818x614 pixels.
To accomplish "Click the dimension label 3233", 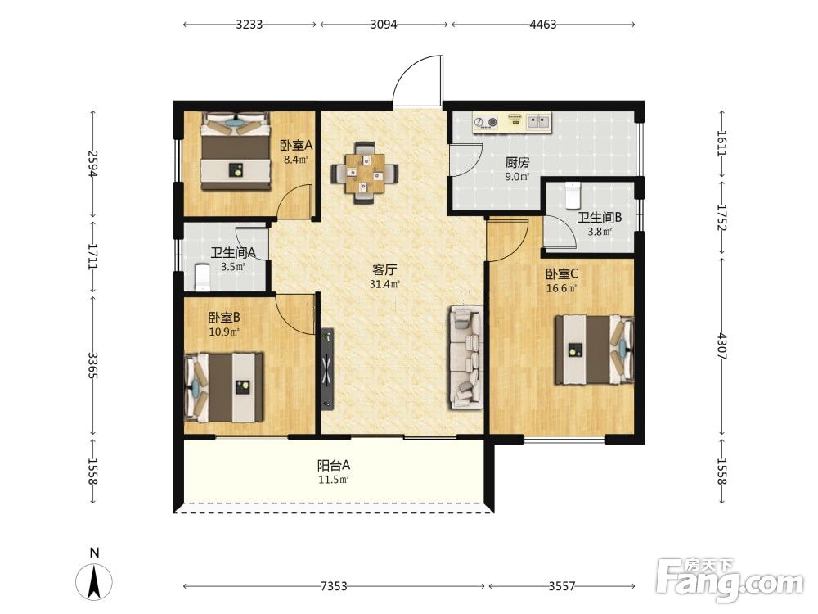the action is click(x=249, y=25).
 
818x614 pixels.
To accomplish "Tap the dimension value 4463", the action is click(x=543, y=25).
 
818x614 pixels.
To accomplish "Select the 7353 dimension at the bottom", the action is click(x=334, y=586).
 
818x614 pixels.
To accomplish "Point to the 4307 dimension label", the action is click(x=721, y=346).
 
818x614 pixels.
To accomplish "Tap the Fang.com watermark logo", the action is click(x=730, y=580).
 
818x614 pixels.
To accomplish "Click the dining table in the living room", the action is click(x=365, y=172).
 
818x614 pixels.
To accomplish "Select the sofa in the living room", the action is click(x=465, y=358).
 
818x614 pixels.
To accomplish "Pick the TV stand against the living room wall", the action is click(x=327, y=368).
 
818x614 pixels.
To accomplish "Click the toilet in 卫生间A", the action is click(x=202, y=278).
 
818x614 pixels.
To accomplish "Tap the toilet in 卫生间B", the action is click(x=573, y=196).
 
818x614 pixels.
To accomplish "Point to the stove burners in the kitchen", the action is click(x=486, y=123).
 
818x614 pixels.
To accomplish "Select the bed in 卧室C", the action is click(x=594, y=350).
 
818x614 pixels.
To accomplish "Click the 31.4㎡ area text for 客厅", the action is click(x=384, y=285).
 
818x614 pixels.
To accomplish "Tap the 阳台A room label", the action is click(x=334, y=465).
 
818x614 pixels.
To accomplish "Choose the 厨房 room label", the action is click(x=517, y=162).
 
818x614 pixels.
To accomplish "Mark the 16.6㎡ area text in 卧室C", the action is click(x=561, y=288).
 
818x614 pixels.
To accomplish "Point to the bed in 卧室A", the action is click(x=236, y=151).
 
